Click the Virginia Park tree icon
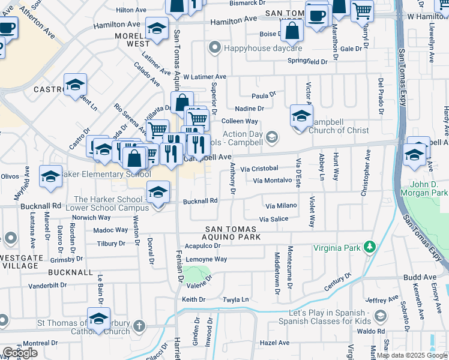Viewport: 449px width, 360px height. [x=371, y=247]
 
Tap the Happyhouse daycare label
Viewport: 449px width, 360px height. [x=262, y=47]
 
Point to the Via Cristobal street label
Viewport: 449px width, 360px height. [x=259, y=169]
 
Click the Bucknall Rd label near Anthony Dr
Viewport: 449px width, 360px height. [x=199, y=202]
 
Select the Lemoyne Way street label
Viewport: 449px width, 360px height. [x=205, y=259]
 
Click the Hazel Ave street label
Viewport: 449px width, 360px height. [x=276, y=343]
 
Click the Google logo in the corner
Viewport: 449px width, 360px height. [x=20, y=353]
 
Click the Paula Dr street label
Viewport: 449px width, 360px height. [x=263, y=95]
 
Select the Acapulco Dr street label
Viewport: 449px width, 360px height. [x=203, y=245]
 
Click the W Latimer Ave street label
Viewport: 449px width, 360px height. [x=205, y=77]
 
